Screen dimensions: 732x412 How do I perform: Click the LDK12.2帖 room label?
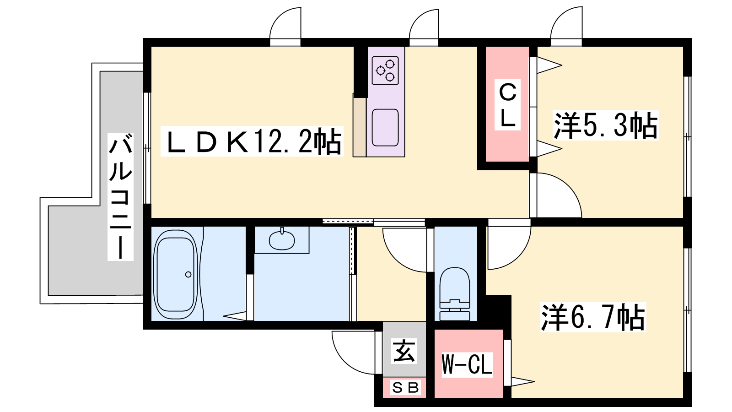252,141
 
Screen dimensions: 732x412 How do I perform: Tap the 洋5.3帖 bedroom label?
606,125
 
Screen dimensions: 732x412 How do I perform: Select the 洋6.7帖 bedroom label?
593,317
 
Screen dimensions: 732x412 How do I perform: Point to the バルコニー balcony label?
121,196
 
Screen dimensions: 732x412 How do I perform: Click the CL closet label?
507,105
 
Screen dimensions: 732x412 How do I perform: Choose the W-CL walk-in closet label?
467,364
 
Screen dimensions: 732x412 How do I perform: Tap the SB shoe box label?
405,388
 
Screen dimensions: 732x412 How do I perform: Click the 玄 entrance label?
404,351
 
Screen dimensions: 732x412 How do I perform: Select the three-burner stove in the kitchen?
385,70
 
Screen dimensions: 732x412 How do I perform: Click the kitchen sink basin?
385,128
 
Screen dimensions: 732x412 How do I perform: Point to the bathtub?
176,274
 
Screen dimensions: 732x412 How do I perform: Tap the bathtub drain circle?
188,275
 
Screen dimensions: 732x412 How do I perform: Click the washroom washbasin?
282,240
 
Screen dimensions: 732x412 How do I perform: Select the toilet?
455,293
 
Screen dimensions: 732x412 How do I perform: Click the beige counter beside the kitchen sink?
360,127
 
